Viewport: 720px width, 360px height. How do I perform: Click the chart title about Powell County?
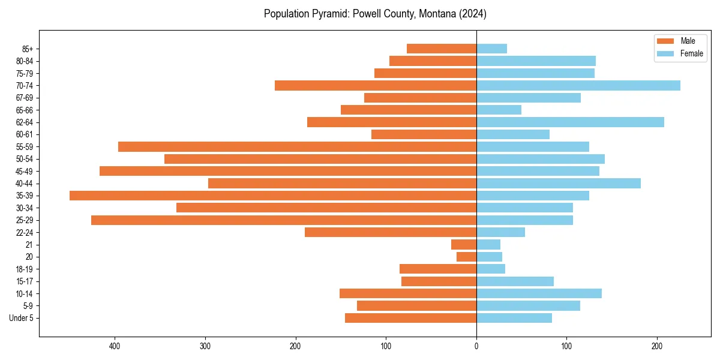(x=375, y=14)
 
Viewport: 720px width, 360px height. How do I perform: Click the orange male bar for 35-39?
(x=273, y=196)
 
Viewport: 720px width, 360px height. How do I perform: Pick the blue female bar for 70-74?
(x=578, y=85)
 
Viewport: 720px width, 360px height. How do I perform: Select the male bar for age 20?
(x=467, y=257)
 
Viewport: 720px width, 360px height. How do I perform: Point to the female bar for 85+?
(x=491, y=49)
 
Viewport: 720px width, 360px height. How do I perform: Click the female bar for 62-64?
(x=570, y=122)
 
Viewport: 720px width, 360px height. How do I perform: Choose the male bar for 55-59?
(x=297, y=147)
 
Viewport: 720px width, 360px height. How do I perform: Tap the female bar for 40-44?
(x=559, y=184)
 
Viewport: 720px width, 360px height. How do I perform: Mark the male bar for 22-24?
(x=391, y=232)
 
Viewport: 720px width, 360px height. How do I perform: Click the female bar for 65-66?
(x=499, y=110)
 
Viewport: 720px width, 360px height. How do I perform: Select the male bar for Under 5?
(x=410, y=318)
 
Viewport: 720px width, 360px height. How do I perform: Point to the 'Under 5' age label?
(x=21, y=318)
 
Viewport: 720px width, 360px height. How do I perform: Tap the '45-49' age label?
(x=24, y=171)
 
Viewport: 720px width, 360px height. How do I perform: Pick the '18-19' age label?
(x=24, y=269)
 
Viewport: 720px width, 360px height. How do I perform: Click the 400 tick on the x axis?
(x=115, y=346)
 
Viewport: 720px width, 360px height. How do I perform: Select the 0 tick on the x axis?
(x=476, y=346)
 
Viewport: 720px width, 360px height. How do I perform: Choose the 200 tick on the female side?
(x=657, y=346)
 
